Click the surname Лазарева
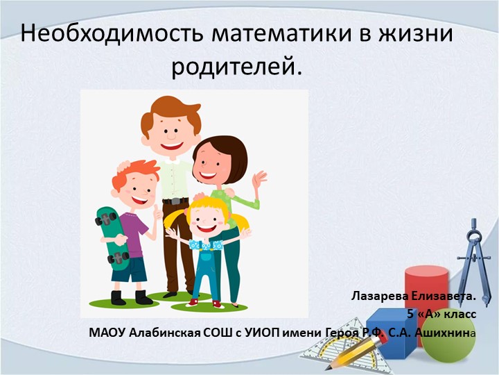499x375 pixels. coord(382,297)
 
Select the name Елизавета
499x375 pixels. coord(445,297)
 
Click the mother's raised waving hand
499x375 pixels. coord(259,180)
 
